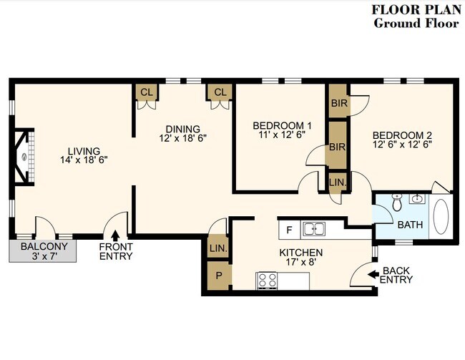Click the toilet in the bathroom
pos(396,203)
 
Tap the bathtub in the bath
pos(441,217)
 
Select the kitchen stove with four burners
pos(268,281)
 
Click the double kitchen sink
pos(313,229)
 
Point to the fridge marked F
pos(290,230)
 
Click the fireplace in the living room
pos(24,157)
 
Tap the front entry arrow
pos(115,235)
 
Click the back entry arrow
pos(373,274)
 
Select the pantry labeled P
pos(219,276)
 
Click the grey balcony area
pos(43,250)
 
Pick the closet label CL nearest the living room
pos(147,92)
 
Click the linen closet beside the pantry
pos(218,248)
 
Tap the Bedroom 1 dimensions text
pos(282,135)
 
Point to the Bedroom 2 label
pos(402,135)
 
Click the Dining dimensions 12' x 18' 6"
pos(182,138)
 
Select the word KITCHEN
pos(301,253)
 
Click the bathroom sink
pos(417,198)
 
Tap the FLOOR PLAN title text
pos(416,9)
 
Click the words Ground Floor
pos(416,23)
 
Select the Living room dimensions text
pos(84,160)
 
